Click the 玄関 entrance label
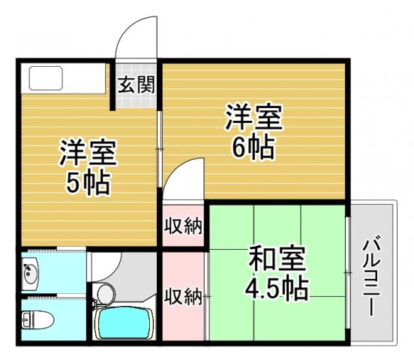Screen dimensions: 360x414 [x=136, y=84]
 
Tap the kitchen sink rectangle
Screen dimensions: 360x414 [x=46, y=78]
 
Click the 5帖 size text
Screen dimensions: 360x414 [x=88, y=181]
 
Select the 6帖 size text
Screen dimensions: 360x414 [x=252, y=148]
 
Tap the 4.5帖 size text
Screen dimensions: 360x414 [x=277, y=288]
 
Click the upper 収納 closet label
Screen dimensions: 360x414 [x=184, y=225]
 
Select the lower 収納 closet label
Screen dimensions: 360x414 [x=183, y=295]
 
